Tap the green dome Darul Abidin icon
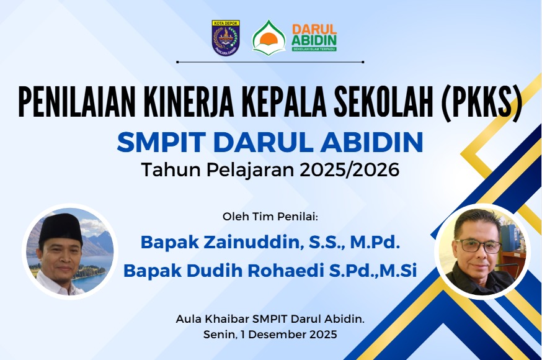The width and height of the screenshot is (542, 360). pyautogui.click(x=269, y=38)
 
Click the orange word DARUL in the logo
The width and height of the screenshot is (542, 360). pyautogui.click(x=314, y=30)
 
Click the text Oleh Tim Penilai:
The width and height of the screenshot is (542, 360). pyautogui.click(x=270, y=217)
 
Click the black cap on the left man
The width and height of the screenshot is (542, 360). pyautogui.click(x=61, y=227)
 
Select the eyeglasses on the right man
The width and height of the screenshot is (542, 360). pyautogui.click(x=479, y=246)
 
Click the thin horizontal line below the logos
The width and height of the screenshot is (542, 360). pyautogui.click(x=270, y=62)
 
